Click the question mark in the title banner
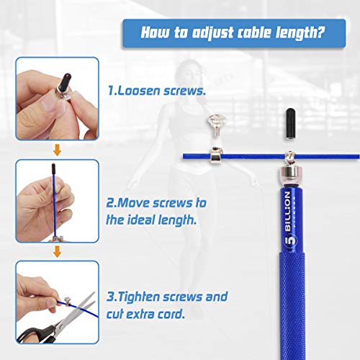pyautogui.click(x=320, y=32)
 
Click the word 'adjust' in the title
pyautogui.click(x=212, y=33)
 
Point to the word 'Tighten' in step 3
pyautogui.click(x=140, y=297)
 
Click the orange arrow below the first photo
pyautogui.click(x=57, y=150)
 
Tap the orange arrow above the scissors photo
pyautogui.click(x=57, y=252)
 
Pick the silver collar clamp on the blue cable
pyautogui.click(x=217, y=156)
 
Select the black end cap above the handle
pyautogui.click(x=290, y=123)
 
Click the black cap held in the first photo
pyautogui.click(x=65, y=83)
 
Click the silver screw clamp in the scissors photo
pyautogui.click(x=66, y=301)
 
